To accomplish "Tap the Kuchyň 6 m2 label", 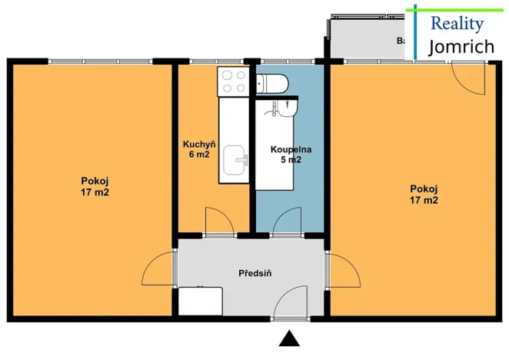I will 198,149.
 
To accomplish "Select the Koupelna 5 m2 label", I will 291,155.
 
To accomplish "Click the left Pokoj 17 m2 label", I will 95,186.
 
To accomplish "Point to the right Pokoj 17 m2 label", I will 424,194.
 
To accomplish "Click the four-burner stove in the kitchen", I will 234,81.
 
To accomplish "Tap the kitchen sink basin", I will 235,162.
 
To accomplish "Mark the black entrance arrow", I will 289,338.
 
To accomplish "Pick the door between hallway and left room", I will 159,270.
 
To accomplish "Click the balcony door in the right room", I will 468,78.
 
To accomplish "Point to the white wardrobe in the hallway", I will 201,300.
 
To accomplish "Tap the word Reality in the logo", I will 457,22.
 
